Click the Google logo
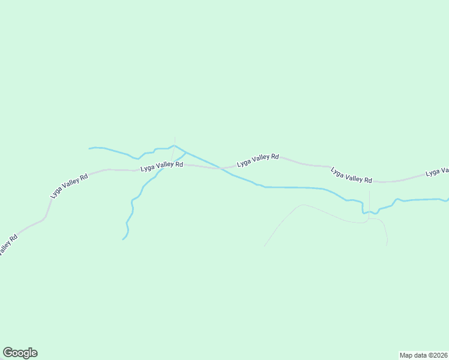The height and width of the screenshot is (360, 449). click(20, 353)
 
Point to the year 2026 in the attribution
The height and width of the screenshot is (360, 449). click(438, 355)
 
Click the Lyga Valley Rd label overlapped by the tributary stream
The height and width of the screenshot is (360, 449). click(161, 166)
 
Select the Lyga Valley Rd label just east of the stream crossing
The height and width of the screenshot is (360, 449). click(258, 160)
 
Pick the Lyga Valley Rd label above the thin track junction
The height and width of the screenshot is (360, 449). click(351, 175)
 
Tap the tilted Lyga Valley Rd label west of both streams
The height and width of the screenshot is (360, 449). click(70, 185)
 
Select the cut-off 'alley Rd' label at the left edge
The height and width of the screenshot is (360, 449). click(7, 245)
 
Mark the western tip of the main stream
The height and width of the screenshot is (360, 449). click(89, 148)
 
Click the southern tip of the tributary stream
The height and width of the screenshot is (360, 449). click(123, 239)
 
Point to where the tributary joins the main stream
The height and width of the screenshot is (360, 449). click(185, 152)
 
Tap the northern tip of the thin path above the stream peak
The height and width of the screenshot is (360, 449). click(175, 137)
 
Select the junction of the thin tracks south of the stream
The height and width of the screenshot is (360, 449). click(369, 220)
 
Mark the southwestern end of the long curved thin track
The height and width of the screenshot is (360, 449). click(264, 246)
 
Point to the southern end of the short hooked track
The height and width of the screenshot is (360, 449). click(387, 245)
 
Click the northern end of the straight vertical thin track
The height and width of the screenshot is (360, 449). click(369, 191)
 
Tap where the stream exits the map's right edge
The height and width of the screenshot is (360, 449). click(448, 198)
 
